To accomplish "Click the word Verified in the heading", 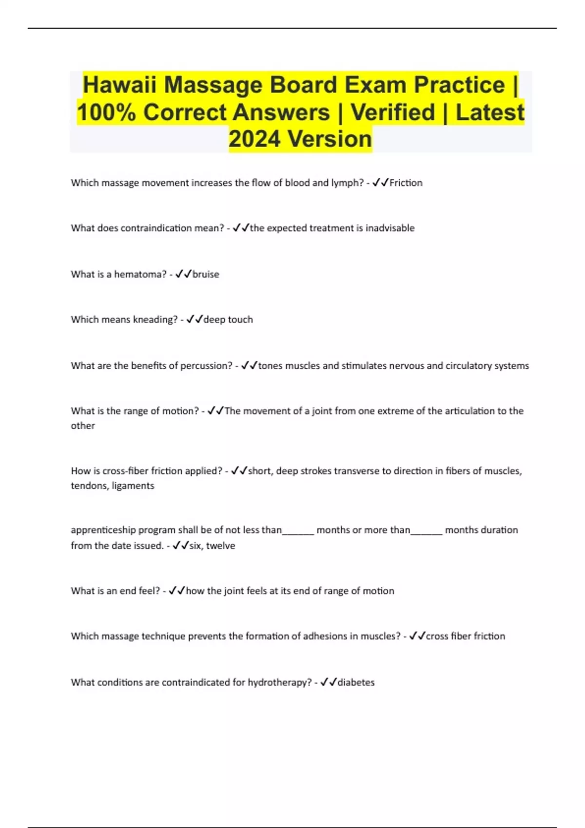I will tap(393, 112).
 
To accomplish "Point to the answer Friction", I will tap(406, 183).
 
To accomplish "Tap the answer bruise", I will tap(206, 274).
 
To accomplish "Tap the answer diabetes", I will tap(356, 682).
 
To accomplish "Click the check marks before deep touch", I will tap(195, 320).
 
